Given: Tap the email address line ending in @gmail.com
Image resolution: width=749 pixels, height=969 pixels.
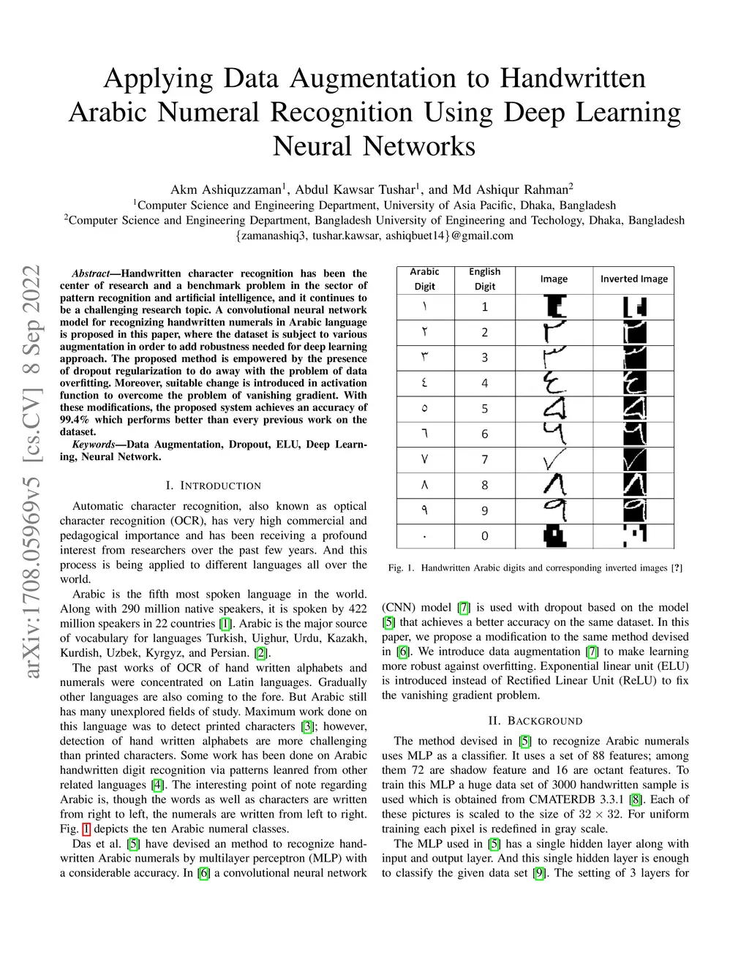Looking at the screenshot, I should point(374,235).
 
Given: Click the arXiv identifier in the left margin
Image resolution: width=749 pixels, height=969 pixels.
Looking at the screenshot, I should point(31,471).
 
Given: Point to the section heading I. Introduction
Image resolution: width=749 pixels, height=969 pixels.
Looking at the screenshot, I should point(213,486).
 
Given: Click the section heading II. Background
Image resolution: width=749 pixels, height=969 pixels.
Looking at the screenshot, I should point(535,721).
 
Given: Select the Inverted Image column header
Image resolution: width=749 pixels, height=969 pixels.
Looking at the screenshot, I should point(633,279).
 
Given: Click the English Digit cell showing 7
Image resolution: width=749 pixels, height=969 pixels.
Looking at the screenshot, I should point(484,459).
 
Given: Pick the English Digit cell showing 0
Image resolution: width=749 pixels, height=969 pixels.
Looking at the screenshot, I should point(484,536).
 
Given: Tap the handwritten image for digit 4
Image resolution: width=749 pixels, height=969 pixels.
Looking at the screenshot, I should point(554,382).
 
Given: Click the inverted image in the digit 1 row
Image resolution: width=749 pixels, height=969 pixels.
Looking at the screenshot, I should point(634,306).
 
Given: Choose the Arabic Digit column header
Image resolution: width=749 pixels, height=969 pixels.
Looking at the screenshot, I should point(424,279).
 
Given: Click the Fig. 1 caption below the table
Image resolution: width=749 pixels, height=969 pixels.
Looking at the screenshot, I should point(535,568).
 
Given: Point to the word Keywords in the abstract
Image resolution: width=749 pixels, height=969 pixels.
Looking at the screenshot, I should point(94,445).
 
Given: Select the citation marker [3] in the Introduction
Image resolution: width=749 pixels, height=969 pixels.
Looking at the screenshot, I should point(308,726).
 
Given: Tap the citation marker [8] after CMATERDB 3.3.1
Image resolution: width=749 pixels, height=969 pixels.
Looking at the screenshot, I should point(636,799).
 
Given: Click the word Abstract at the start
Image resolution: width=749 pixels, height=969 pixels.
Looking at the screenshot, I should point(91,274).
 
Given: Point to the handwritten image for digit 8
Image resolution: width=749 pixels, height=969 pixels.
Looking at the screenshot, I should point(554,484).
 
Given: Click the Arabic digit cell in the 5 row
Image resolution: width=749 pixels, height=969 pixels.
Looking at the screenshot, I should point(424,408).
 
